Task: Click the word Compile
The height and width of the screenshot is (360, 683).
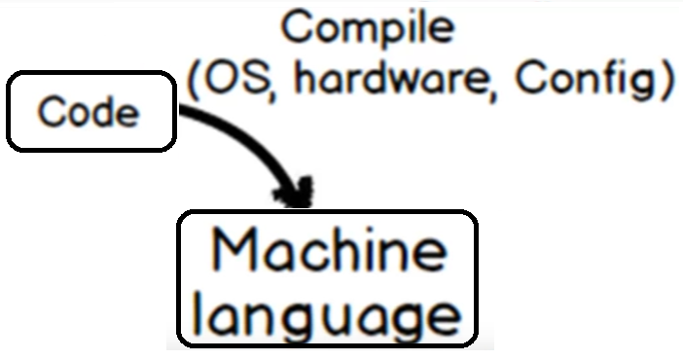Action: click(x=367, y=28)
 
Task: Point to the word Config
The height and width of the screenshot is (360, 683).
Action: click(x=587, y=82)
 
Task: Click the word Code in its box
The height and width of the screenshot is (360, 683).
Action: click(x=89, y=113)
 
